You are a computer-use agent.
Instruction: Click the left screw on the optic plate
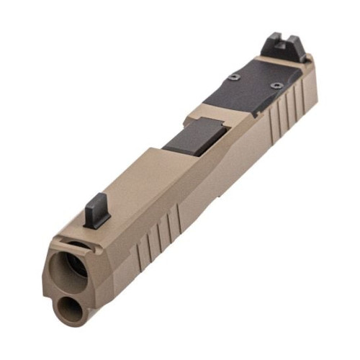[233, 78]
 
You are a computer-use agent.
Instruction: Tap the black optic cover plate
[248, 90]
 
